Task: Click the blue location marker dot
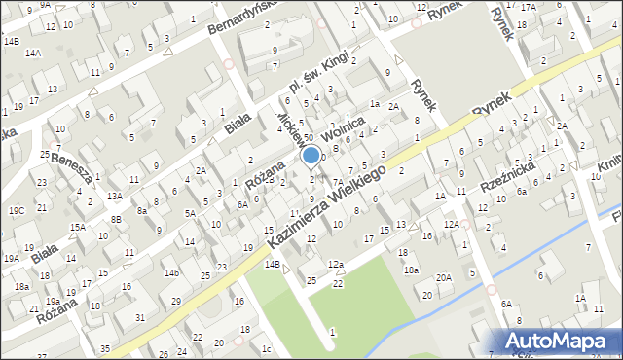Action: pos(311,154)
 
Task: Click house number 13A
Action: pos(115,196)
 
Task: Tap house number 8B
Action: pos(117,220)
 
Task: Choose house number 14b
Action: pos(171,272)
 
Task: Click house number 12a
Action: pos(336,265)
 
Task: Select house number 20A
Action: pos(444,277)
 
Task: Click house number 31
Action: pos(140,318)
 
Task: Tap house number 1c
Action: pos(266,348)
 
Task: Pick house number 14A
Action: pos(33,53)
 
